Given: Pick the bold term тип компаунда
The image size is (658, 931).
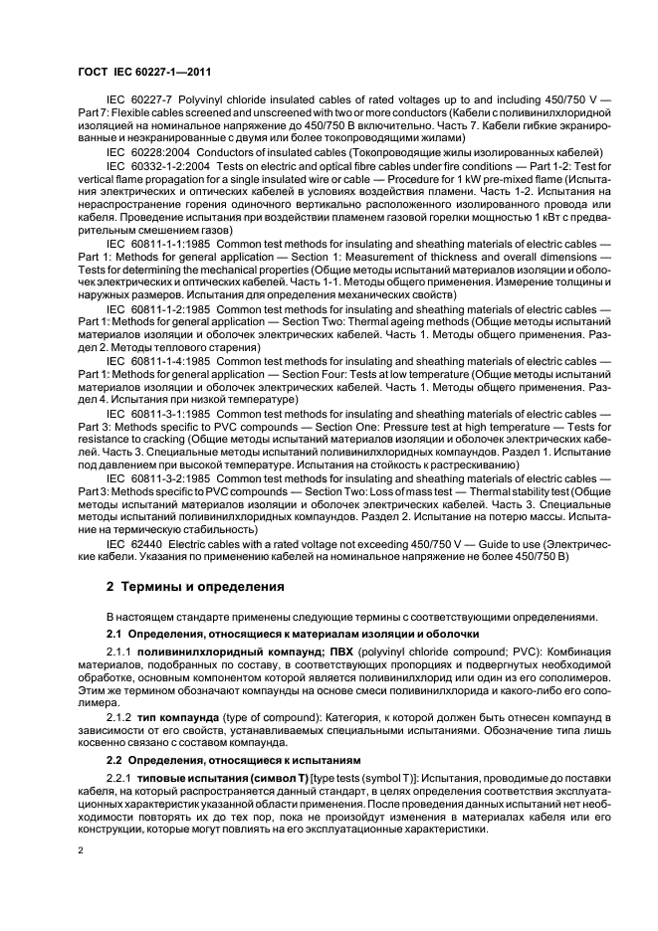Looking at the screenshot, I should (183, 717).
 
